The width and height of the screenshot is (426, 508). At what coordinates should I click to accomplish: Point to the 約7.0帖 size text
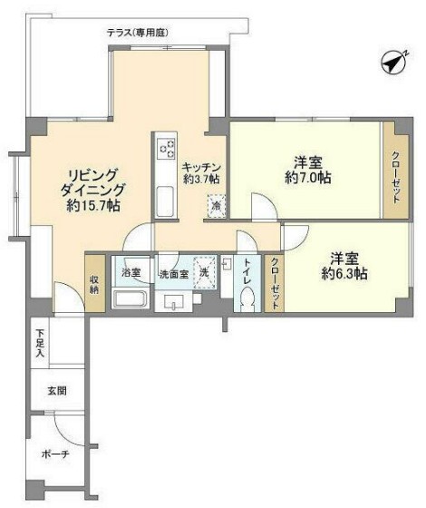tap(307, 178)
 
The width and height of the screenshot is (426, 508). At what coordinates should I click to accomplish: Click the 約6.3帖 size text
tap(347, 273)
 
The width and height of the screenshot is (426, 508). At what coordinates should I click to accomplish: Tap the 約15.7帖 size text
tap(93, 206)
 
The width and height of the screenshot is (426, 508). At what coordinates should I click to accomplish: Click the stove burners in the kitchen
tap(167, 147)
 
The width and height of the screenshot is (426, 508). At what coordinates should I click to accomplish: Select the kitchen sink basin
tap(166, 200)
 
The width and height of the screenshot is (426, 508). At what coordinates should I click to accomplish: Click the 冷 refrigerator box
tap(217, 206)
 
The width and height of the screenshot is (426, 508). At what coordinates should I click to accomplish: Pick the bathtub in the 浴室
tap(132, 299)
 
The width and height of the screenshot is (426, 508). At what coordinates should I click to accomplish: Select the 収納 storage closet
tap(95, 283)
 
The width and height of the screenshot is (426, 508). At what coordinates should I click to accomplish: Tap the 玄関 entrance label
tap(56, 392)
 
